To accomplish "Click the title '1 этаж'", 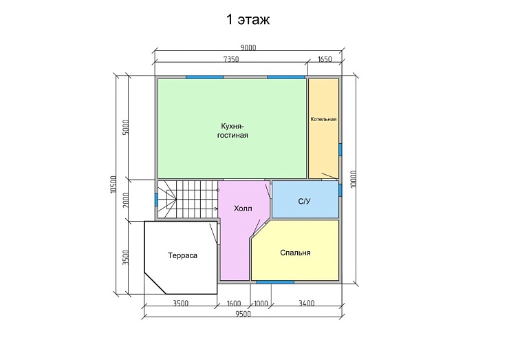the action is click(248, 20).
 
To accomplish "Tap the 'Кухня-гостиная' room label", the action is click(232, 131).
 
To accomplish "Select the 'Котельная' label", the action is click(323, 119).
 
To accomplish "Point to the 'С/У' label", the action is click(304, 202).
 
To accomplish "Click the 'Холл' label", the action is click(243, 209).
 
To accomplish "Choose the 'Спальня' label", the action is click(295, 253).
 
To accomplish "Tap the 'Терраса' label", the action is click(182, 255).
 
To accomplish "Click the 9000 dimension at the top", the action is click(248, 47).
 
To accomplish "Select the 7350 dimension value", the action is click(231, 59).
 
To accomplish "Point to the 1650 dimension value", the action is click(325, 59).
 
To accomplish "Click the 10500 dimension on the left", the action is click(113, 184).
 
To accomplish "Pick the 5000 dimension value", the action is click(126, 127).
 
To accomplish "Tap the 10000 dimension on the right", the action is click(354, 179).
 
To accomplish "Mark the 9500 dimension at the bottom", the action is click(243, 314).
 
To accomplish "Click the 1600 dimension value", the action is click(234, 304).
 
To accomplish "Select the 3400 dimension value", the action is click(307, 304).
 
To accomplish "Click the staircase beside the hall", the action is click(188, 200).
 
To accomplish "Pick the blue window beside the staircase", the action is click(156, 199).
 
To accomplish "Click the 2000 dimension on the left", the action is click(126, 200).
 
